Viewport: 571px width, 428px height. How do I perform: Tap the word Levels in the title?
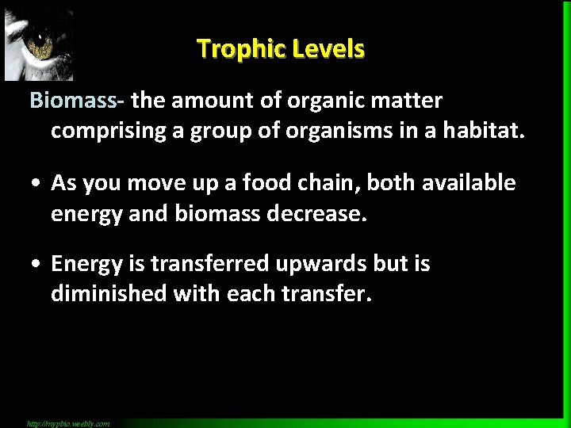(x=328, y=49)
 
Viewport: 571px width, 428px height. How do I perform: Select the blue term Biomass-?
(x=77, y=101)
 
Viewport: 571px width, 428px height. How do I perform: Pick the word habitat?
(x=484, y=130)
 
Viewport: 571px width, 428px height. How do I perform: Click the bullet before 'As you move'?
(x=36, y=184)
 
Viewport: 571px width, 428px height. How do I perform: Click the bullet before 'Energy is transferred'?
(x=36, y=264)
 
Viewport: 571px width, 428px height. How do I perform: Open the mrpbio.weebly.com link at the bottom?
(x=68, y=423)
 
